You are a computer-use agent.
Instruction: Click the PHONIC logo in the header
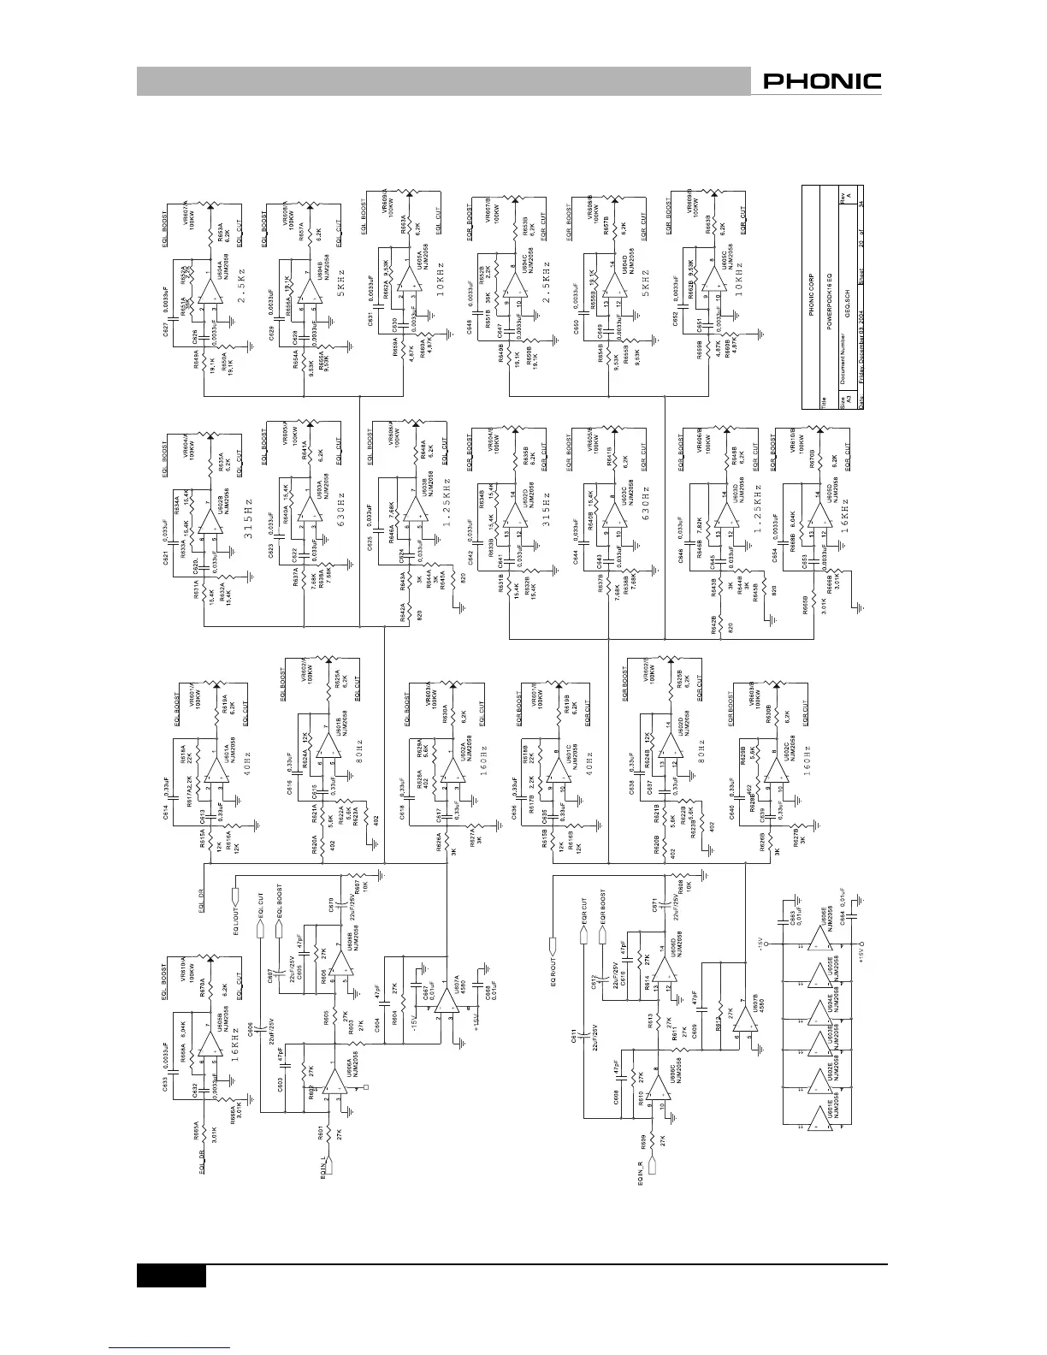click(x=822, y=82)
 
